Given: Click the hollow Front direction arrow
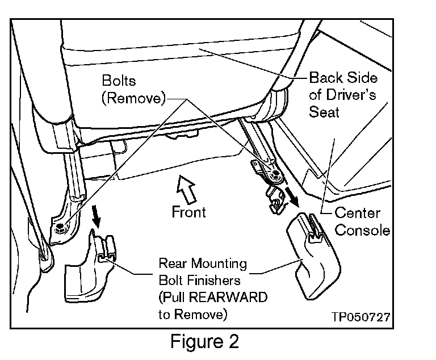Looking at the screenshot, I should (x=186, y=189).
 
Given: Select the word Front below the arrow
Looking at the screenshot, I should (x=188, y=211).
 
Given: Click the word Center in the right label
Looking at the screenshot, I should (x=357, y=214).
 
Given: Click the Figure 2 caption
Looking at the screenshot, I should (x=205, y=342).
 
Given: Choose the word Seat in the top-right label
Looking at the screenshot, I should (x=324, y=111).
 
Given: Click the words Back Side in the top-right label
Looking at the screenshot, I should (x=343, y=78).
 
